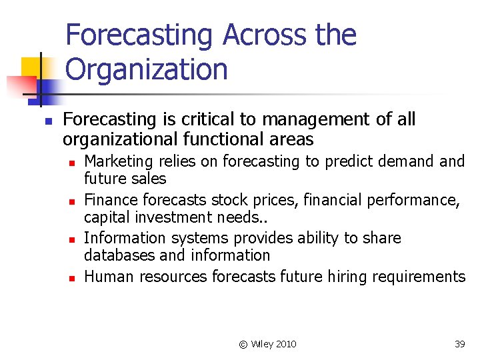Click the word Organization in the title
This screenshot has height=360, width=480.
coord(147,69)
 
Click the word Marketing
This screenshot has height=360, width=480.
coord(117,161)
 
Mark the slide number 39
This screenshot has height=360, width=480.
coord(459,344)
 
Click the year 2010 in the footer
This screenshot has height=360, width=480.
coord(285,344)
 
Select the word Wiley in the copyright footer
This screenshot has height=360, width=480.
coord(261,344)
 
